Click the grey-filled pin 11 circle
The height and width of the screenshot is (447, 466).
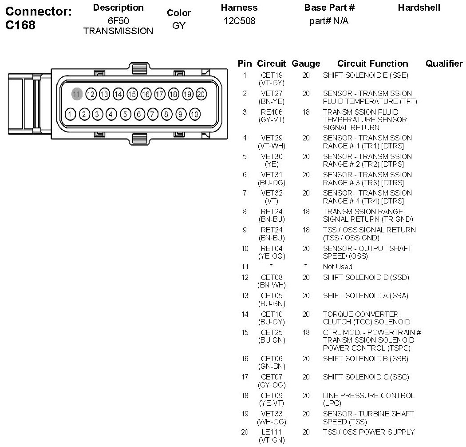click(76, 94)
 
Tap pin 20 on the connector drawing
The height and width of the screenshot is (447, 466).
click(201, 94)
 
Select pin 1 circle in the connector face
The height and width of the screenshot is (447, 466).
click(70, 114)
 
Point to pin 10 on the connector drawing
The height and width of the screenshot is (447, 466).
click(194, 114)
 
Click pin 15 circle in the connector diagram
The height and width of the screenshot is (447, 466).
click(132, 94)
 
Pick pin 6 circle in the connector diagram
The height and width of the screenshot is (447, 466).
click(139, 114)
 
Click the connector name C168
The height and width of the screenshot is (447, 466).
click(20, 25)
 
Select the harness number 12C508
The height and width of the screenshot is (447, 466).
click(239, 21)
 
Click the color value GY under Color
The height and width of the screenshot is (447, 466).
click(178, 26)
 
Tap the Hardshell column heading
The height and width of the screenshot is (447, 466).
click(419, 8)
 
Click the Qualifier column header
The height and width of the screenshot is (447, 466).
click(444, 64)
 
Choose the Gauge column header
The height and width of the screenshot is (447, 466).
click(306, 64)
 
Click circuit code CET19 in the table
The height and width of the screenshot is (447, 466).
click(272, 75)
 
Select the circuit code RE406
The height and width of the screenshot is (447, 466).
click(272, 112)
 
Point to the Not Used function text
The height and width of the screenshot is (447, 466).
click(337, 267)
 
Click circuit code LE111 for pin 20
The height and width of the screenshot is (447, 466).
click(272, 432)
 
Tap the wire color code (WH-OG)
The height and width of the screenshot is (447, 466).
click(272, 422)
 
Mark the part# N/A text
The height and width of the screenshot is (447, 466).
click(329, 21)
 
